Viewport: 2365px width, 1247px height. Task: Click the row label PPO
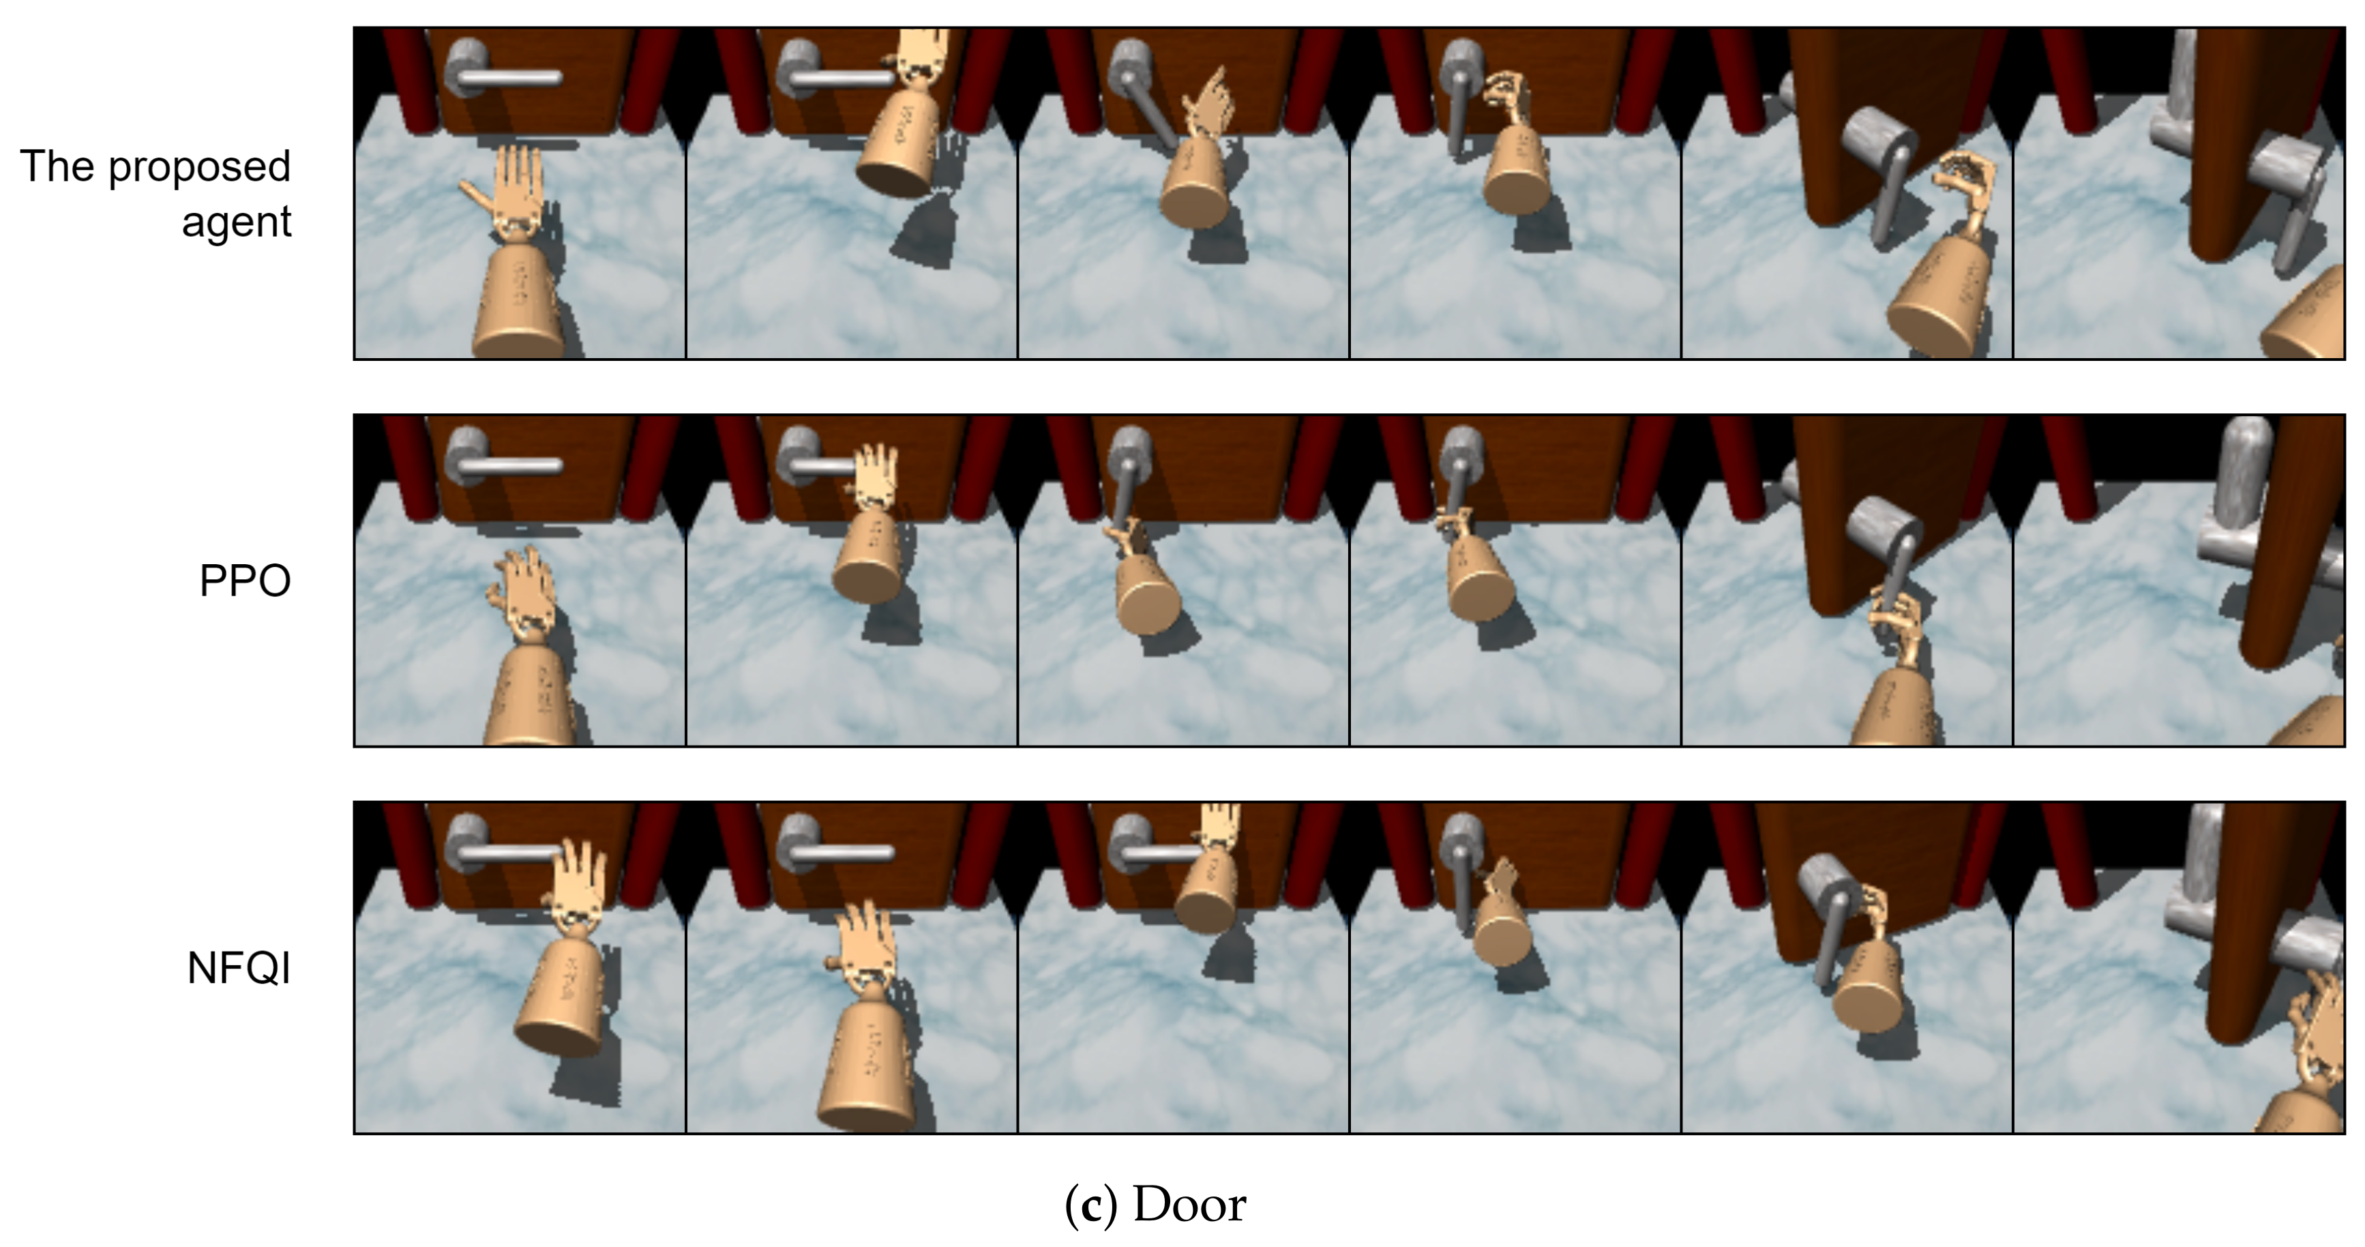(x=245, y=581)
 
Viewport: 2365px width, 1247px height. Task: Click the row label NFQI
(x=239, y=968)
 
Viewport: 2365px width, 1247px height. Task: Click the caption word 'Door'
(x=1190, y=1204)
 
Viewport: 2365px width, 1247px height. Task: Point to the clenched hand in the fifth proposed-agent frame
(x=1964, y=188)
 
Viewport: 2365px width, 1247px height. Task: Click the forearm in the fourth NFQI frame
(x=1503, y=929)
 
